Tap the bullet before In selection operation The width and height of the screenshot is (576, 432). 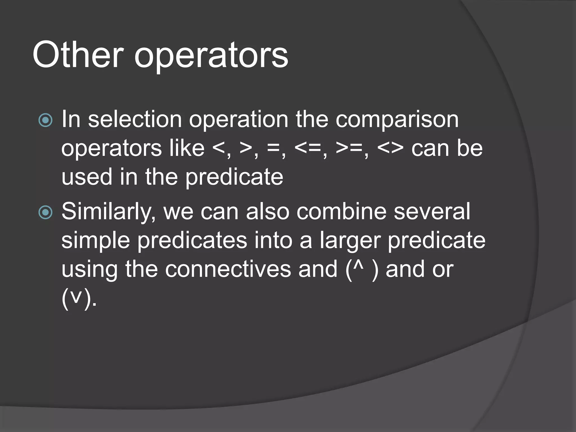(45, 120)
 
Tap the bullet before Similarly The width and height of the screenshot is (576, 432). (45, 212)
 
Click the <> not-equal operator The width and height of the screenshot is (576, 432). (390, 148)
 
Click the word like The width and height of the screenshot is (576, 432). (187, 148)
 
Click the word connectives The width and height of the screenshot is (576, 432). (228, 269)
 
